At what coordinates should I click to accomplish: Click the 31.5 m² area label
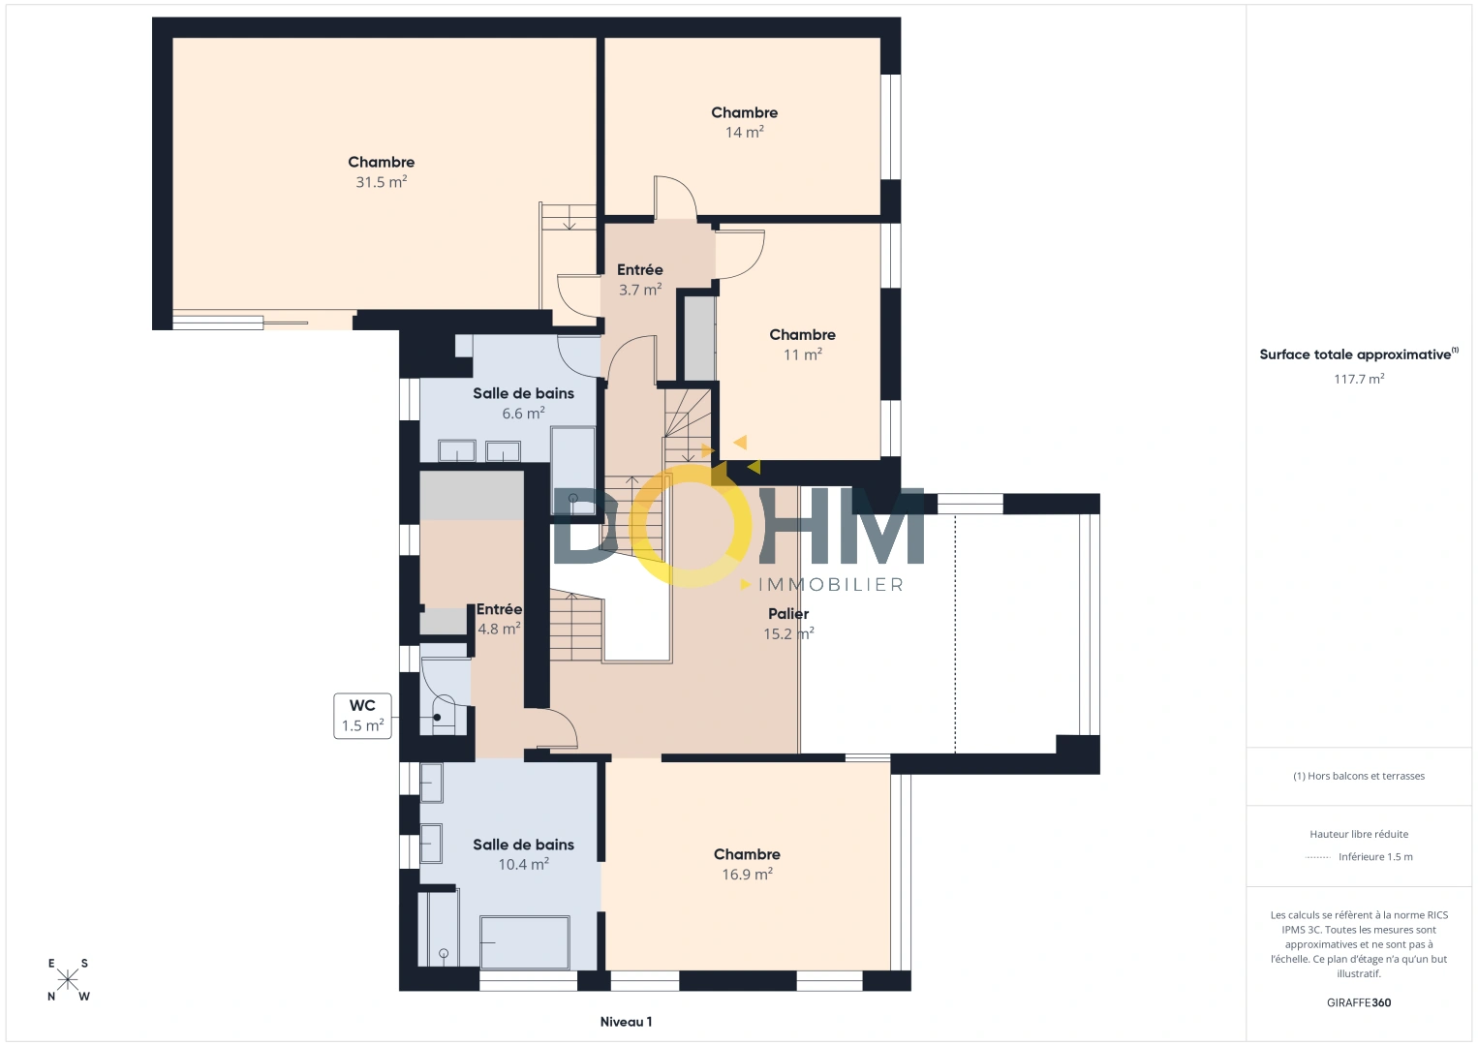(x=381, y=182)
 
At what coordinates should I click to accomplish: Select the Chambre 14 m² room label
(x=744, y=122)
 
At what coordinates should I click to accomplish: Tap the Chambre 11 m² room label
(x=802, y=344)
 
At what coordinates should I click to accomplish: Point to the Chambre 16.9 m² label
(x=747, y=864)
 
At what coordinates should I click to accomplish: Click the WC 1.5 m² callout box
(x=362, y=716)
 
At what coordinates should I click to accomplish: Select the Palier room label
(x=788, y=614)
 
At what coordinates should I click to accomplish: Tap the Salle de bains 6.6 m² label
(x=523, y=403)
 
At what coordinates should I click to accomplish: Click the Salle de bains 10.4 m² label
(x=523, y=854)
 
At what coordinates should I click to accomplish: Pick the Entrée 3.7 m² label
(x=640, y=280)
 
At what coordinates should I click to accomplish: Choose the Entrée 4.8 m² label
(x=499, y=619)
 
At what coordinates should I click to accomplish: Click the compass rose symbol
(x=68, y=979)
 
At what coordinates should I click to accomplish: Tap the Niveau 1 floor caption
(x=626, y=1022)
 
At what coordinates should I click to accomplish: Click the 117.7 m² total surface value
(x=1359, y=379)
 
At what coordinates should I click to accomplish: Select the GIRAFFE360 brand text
(x=1359, y=1002)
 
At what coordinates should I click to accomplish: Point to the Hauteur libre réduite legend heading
(x=1359, y=834)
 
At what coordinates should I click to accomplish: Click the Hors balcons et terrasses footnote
(x=1359, y=776)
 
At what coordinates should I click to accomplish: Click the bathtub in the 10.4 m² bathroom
(x=525, y=941)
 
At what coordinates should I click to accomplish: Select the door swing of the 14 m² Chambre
(x=676, y=198)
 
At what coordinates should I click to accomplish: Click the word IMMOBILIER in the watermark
(x=830, y=585)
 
